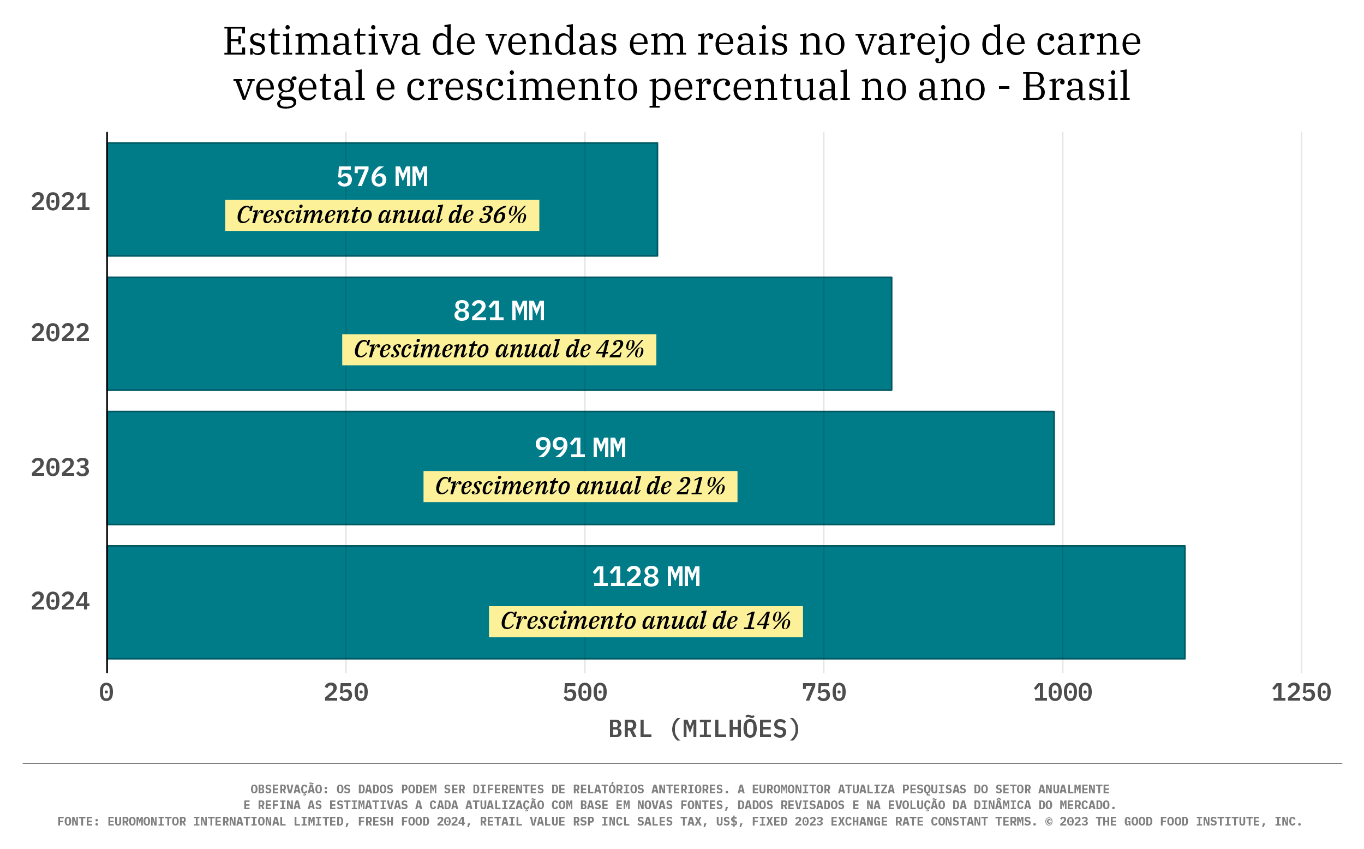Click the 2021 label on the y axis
(60, 202)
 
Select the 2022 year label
(60, 333)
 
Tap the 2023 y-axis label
(60, 468)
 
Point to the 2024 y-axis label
(60, 602)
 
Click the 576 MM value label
(382, 177)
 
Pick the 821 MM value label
(499, 311)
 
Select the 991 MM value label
(580, 448)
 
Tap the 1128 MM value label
(645, 577)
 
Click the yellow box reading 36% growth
(382, 215)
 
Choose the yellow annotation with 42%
(499, 349)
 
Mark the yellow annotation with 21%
(580, 486)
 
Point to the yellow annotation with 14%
(645, 621)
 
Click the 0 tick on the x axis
(106, 693)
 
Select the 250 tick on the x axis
(346, 693)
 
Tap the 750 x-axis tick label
(823, 693)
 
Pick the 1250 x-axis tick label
(1301, 693)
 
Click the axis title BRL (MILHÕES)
(704, 730)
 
